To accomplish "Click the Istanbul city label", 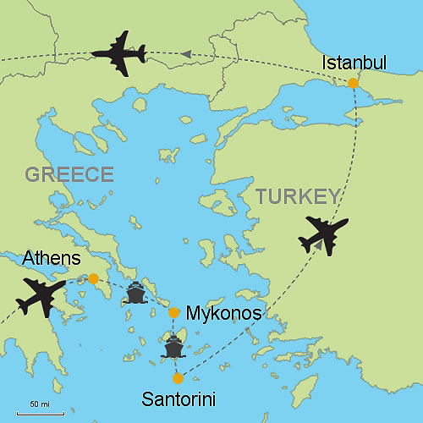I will pyautogui.click(x=354, y=63).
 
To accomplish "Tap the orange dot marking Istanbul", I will pyautogui.click(x=353, y=82).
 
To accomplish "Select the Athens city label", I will pyautogui.click(x=52, y=257).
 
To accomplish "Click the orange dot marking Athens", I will pyautogui.click(x=93, y=278).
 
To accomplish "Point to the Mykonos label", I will pyautogui.click(x=222, y=314).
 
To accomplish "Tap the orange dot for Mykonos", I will pyautogui.click(x=173, y=312).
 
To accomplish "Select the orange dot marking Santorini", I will pyautogui.click(x=177, y=377).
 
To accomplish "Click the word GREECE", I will pyautogui.click(x=69, y=175).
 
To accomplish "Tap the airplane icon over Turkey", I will pyautogui.click(x=323, y=234).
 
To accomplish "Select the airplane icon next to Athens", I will pyautogui.click(x=41, y=297).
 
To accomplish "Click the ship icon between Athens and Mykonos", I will pyautogui.click(x=135, y=294).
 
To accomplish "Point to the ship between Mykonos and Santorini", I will pyautogui.click(x=173, y=346).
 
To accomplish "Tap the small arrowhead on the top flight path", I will pyautogui.click(x=186, y=55).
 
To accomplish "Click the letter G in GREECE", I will pyautogui.click(x=33, y=175).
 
